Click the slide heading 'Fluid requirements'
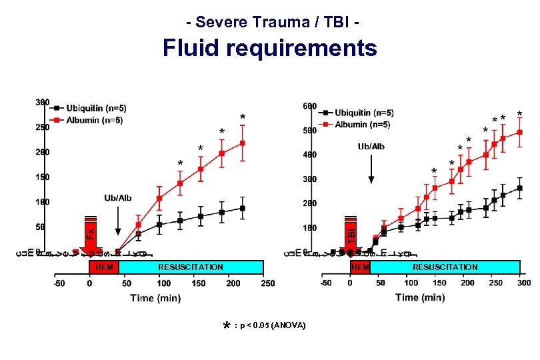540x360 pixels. (270, 48)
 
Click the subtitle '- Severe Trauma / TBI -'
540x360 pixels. (274, 22)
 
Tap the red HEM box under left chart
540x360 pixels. (103, 267)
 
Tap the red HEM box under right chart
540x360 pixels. (360, 267)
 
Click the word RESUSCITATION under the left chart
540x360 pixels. (191, 267)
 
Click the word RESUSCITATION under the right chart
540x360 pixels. (445, 267)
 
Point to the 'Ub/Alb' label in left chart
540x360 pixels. (118, 198)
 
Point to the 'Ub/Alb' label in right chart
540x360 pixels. (371, 146)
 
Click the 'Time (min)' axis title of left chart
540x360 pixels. (155, 298)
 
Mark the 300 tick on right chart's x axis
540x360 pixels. (524, 283)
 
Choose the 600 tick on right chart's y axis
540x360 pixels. (309, 107)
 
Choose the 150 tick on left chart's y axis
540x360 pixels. (41, 177)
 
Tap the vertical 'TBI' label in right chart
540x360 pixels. (351, 231)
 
